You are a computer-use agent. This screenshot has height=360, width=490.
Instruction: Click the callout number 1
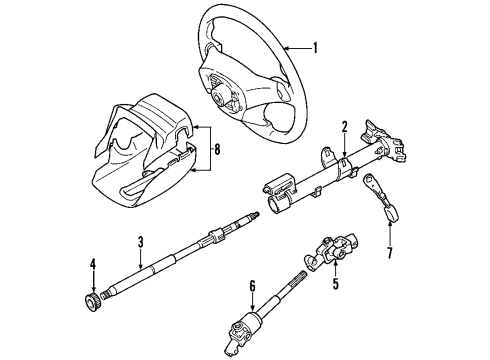click(x=316, y=48)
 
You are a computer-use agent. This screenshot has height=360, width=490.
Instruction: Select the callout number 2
click(x=343, y=127)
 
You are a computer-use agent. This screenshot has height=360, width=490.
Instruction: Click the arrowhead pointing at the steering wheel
click(x=285, y=48)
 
